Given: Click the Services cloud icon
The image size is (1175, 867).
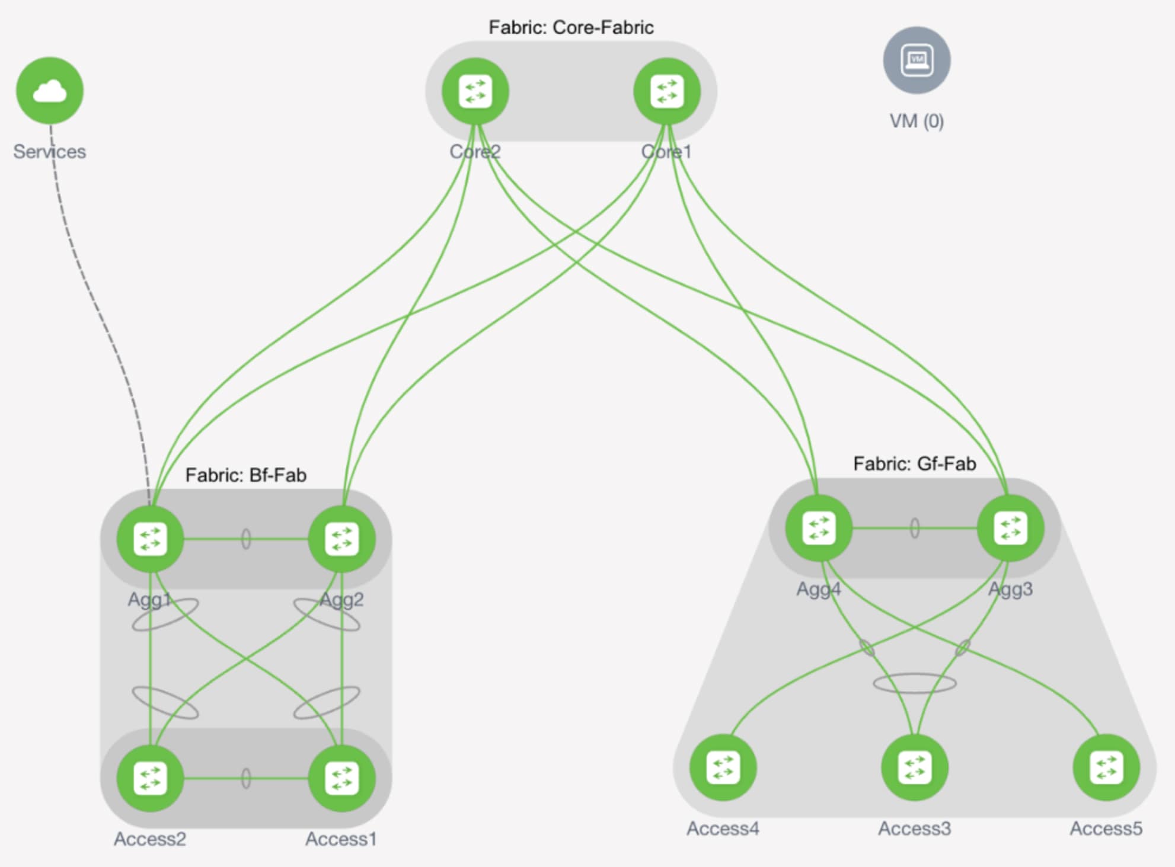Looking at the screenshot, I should pyautogui.click(x=50, y=91).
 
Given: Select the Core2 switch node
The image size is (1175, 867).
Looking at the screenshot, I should pyautogui.click(x=475, y=91).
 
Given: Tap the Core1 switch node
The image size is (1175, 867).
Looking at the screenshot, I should pyautogui.click(x=667, y=91).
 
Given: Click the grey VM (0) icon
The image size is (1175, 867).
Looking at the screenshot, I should pyautogui.click(x=917, y=60).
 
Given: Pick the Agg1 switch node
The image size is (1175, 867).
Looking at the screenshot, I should pyautogui.click(x=150, y=539).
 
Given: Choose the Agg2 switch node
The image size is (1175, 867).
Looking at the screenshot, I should pyautogui.click(x=342, y=539).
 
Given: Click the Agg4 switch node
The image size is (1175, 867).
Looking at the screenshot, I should pyautogui.click(x=819, y=528).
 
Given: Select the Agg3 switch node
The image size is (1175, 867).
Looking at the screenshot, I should pyautogui.click(x=1010, y=528).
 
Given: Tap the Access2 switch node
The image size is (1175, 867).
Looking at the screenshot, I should pyautogui.click(x=150, y=778).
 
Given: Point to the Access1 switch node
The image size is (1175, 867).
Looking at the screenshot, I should pyautogui.click(x=342, y=778).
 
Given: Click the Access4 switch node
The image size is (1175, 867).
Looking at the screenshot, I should pyautogui.click(x=723, y=767).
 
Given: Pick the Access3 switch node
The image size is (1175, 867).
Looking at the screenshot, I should pyautogui.click(x=914, y=767).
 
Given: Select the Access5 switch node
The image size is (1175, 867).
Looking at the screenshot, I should pyautogui.click(x=1106, y=767).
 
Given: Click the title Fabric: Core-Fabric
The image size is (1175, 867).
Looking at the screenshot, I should pyautogui.click(x=571, y=27).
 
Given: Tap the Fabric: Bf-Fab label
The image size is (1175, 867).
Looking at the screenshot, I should pyautogui.click(x=245, y=475).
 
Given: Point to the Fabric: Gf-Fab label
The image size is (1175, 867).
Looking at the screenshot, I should pyautogui.click(x=914, y=463).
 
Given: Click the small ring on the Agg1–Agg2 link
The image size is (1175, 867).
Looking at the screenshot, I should pyautogui.click(x=246, y=539).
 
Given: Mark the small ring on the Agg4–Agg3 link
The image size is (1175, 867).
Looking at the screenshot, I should pyautogui.click(x=915, y=528).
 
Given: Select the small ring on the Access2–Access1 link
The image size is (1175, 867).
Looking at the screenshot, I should pyautogui.click(x=246, y=778).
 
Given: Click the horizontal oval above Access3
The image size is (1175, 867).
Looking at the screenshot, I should pyautogui.click(x=915, y=683).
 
